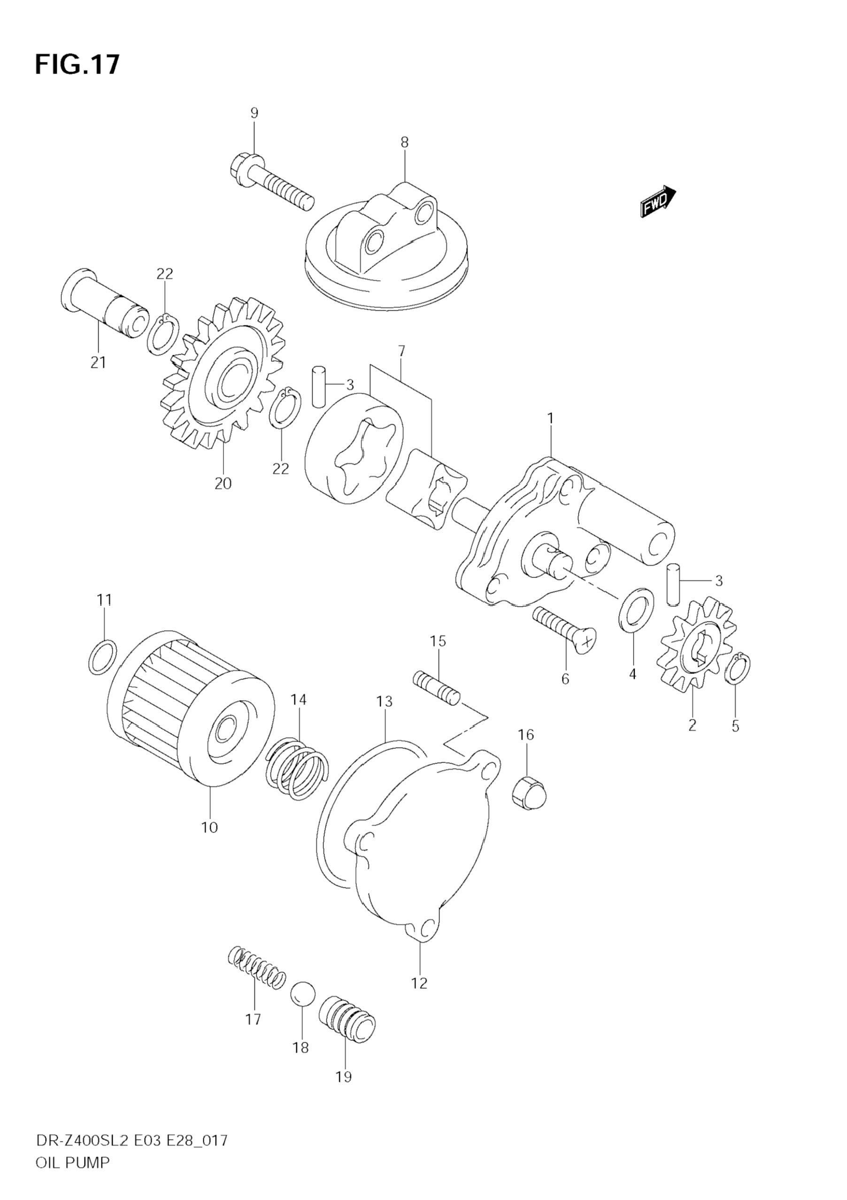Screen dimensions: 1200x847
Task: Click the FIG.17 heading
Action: click(x=77, y=65)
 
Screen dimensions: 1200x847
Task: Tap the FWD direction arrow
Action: click(x=658, y=201)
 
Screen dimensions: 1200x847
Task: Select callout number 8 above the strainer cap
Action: click(x=404, y=142)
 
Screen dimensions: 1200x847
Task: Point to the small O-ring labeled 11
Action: click(x=102, y=657)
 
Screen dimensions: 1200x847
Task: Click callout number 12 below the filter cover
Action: click(x=419, y=983)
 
